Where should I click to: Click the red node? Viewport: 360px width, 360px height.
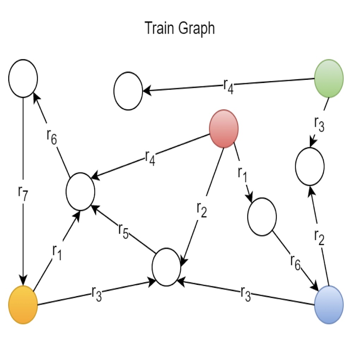(x=224, y=128)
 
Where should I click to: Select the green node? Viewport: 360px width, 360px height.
(x=329, y=78)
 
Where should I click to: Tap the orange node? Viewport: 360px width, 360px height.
(x=23, y=305)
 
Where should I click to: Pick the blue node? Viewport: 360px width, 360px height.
(x=329, y=305)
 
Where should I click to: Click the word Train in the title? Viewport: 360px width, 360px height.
(x=158, y=28)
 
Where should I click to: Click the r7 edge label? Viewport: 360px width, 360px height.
(x=22, y=193)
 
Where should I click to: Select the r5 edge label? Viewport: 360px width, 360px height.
(x=123, y=231)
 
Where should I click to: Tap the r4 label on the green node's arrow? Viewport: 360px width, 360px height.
(x=228, y=86)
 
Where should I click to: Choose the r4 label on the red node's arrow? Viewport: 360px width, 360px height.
(x=150, y=158)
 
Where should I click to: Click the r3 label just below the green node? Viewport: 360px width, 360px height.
(x=319, y=124)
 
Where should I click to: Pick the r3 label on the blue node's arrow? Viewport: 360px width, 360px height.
(x=246, y=294)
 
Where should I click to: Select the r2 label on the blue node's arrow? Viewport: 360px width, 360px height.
(x=319, y=238)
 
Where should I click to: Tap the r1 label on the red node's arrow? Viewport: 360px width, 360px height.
(x=242, y=173)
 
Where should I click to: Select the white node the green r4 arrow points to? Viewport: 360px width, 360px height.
(x=128, y=91)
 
